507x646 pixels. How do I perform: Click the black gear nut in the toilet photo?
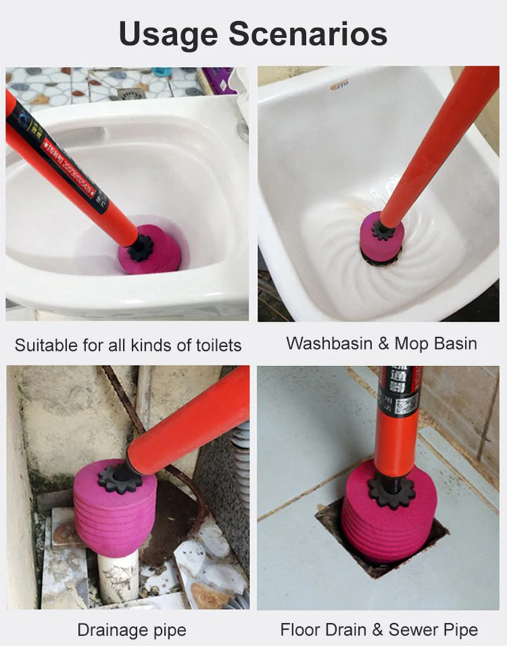point(141,248)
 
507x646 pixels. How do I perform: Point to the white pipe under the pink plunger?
point(119,575)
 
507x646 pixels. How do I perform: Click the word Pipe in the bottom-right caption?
point(461,630)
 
